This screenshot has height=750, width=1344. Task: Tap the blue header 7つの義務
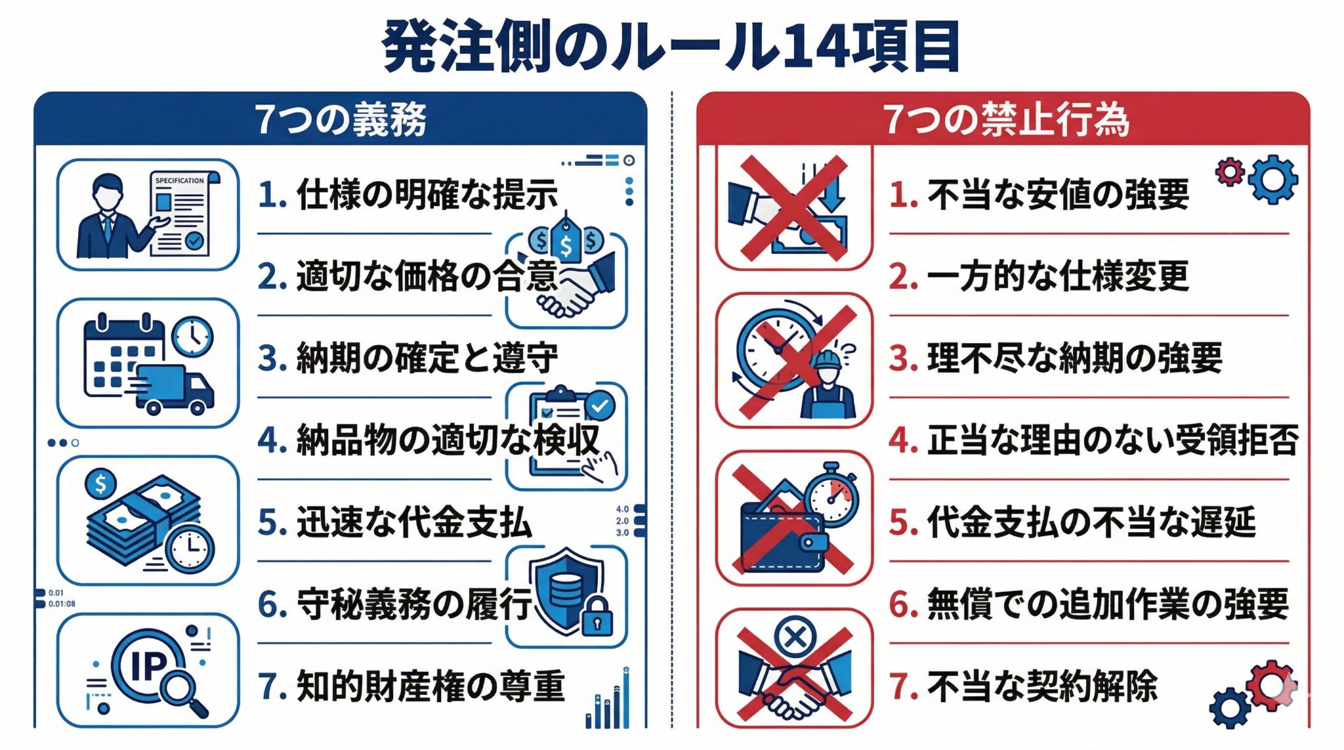340,119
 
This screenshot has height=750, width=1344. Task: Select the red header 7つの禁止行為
1005,119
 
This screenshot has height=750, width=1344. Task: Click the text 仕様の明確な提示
427,194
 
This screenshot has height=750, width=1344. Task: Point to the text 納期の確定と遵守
427,358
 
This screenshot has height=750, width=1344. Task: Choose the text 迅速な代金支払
413,522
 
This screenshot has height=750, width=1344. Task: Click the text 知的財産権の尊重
430,686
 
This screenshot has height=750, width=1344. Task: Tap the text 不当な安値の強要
1058,194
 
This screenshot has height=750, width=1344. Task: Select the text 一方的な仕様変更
1058,276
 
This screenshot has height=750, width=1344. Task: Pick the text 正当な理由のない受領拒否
1112,440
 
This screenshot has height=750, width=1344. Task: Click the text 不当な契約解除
1042,686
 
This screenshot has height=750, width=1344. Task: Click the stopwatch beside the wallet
831,495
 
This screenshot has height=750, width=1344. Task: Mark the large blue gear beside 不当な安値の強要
1273,178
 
